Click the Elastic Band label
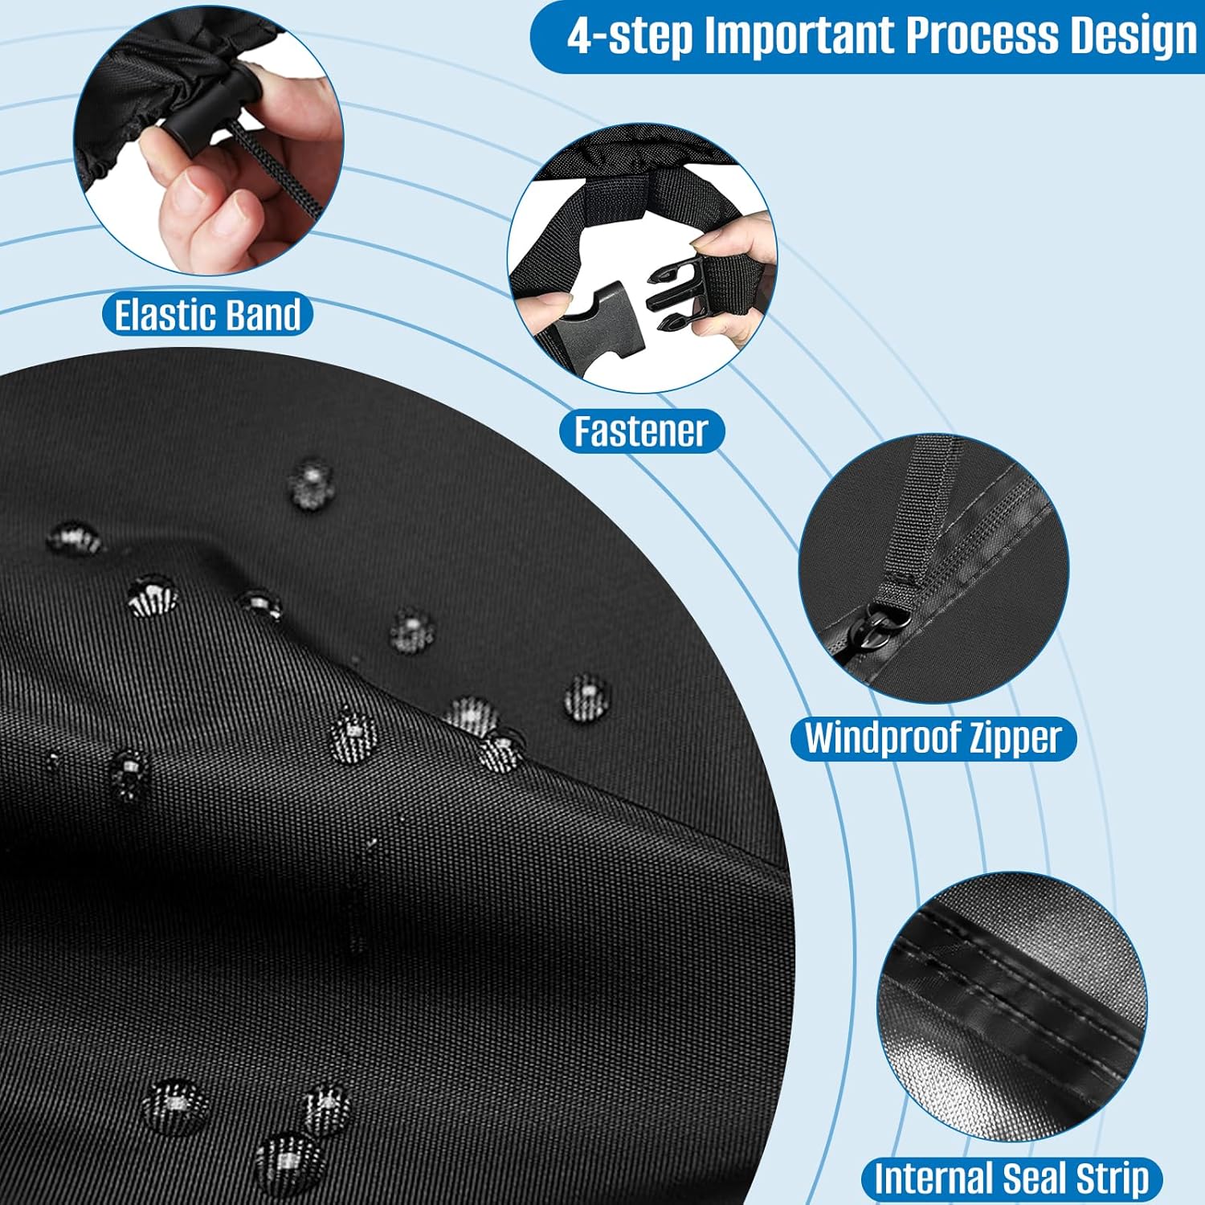(207, 314)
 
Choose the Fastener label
(642, 431)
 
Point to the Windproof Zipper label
(933, 738)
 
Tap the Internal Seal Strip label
(1011, 1179)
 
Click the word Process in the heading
(982, 36)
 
